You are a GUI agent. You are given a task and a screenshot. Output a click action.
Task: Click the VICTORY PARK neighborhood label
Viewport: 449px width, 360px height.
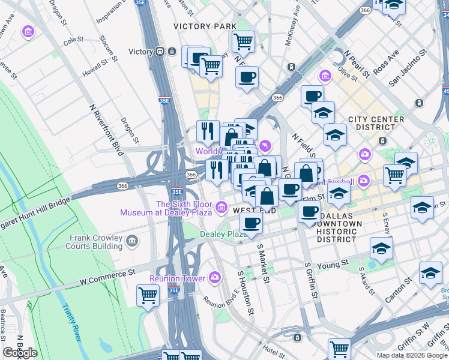pyautogui.click(x=205, y=26)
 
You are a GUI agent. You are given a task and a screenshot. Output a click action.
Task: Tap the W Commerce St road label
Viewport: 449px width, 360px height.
pyautogui.click(x=107, y=274)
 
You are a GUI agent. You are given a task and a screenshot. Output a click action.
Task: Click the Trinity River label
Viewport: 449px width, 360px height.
pyautogui.click(x=71, y=322)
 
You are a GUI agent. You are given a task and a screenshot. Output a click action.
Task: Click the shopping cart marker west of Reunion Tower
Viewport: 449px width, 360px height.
pyautogui.click(x=148, y=295)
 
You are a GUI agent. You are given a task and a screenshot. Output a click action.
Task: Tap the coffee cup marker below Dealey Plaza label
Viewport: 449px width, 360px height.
pyautogui.click(x=251, y=223)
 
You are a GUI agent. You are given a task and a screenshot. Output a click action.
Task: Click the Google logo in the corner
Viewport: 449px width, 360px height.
pyautogui.click(x=20, y=353)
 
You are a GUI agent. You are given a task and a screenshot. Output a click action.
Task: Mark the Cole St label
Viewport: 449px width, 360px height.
pyautogui.click(x=73, y=40)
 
